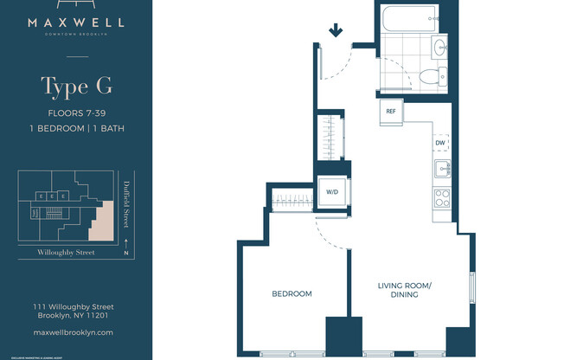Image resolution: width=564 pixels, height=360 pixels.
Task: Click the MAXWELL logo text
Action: pos(77,23)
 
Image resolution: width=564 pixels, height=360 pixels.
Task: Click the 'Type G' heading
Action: pos(76,87)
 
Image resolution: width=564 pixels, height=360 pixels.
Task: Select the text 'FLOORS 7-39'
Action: pos(77,113)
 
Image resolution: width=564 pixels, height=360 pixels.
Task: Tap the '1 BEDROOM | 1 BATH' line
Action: pos(77,129)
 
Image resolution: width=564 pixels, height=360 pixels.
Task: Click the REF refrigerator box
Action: pos(391,111)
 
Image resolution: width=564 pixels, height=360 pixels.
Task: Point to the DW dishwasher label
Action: pos(440,143)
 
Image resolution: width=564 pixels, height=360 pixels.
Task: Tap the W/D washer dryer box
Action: pos(331,191)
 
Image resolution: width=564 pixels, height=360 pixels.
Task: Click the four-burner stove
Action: pos(441,197)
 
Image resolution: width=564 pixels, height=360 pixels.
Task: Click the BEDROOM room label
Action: pos(292,294)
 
